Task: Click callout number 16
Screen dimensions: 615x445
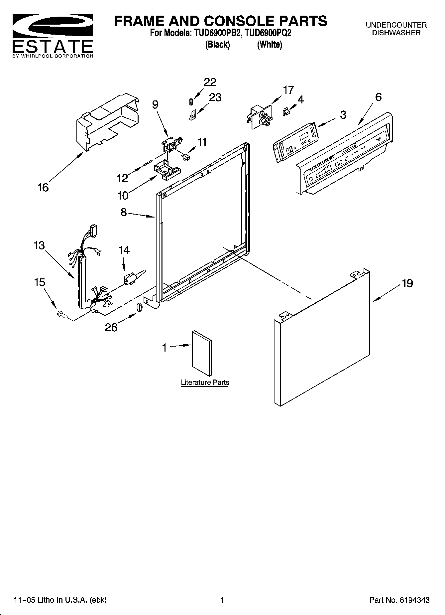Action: (43, 188)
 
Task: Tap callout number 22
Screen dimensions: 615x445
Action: (210, 82)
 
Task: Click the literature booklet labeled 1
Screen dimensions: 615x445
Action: (202, 353)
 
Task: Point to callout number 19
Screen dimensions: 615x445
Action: (407, 283)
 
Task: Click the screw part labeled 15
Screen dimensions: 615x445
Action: (62, 314)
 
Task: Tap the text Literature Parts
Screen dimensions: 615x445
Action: (205, 382)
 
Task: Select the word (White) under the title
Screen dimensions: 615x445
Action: (270, 45)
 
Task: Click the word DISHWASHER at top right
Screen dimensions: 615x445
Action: (396, 33)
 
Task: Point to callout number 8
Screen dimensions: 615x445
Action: (124, 212)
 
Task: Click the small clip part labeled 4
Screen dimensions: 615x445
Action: (285, 112)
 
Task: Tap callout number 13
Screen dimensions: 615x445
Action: (39, 245)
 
